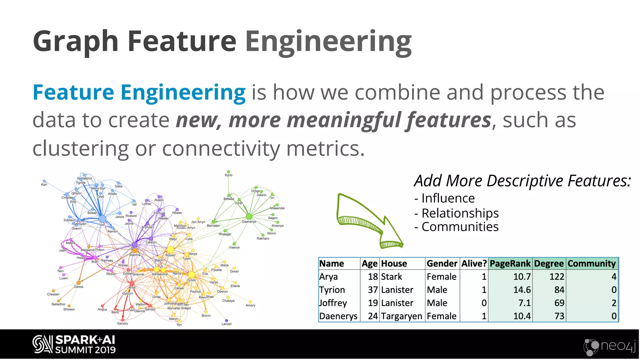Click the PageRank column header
pos(510,264)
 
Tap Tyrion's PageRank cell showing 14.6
pos(522,290)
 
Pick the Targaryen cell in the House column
pos(401,316)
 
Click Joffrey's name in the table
pos(333,303)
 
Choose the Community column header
pos(591,264)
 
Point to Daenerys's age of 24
pos(372,316)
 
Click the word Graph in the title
pos(75,42)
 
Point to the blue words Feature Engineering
pos(139,92)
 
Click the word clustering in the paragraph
pos(81,148)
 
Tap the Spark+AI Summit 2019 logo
pos(74,344)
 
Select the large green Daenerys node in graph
pos(249,216)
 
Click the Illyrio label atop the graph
pos(228,175)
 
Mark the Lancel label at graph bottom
pos(227,324)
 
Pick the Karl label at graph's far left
pos(44,184)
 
